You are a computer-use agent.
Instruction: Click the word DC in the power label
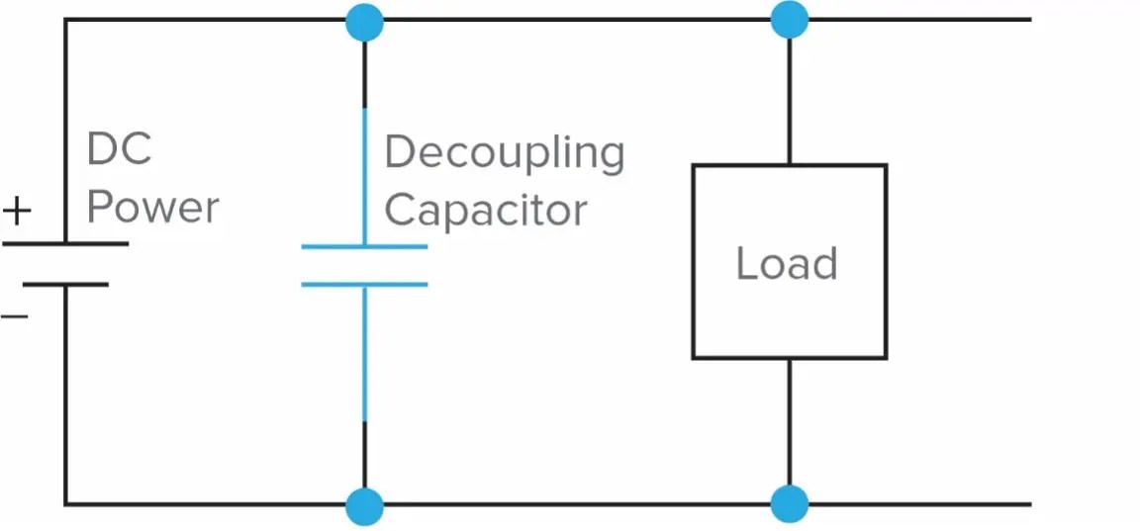point(119,150)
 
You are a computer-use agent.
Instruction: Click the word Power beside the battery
point(153,208)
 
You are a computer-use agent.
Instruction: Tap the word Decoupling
point(504,154)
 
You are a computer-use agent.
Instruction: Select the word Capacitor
point(485,210)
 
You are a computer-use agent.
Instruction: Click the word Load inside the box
point(787,263)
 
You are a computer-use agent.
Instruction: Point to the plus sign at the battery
point(17,211)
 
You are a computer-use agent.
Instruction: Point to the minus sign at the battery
point(14,316)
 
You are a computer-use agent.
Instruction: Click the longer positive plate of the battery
point(65,243)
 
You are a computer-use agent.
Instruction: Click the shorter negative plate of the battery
point(65,284)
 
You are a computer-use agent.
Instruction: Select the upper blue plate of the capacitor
point(364,246)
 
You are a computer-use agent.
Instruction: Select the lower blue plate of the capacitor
point(364,285)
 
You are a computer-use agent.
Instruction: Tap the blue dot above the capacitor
point(364,20)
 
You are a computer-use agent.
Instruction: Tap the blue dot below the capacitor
point(364,505)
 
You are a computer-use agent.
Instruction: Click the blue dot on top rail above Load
point(789,20)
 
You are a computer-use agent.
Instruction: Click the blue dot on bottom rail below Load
point(789,505)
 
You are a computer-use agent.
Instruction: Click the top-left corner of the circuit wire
point(66,20)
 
